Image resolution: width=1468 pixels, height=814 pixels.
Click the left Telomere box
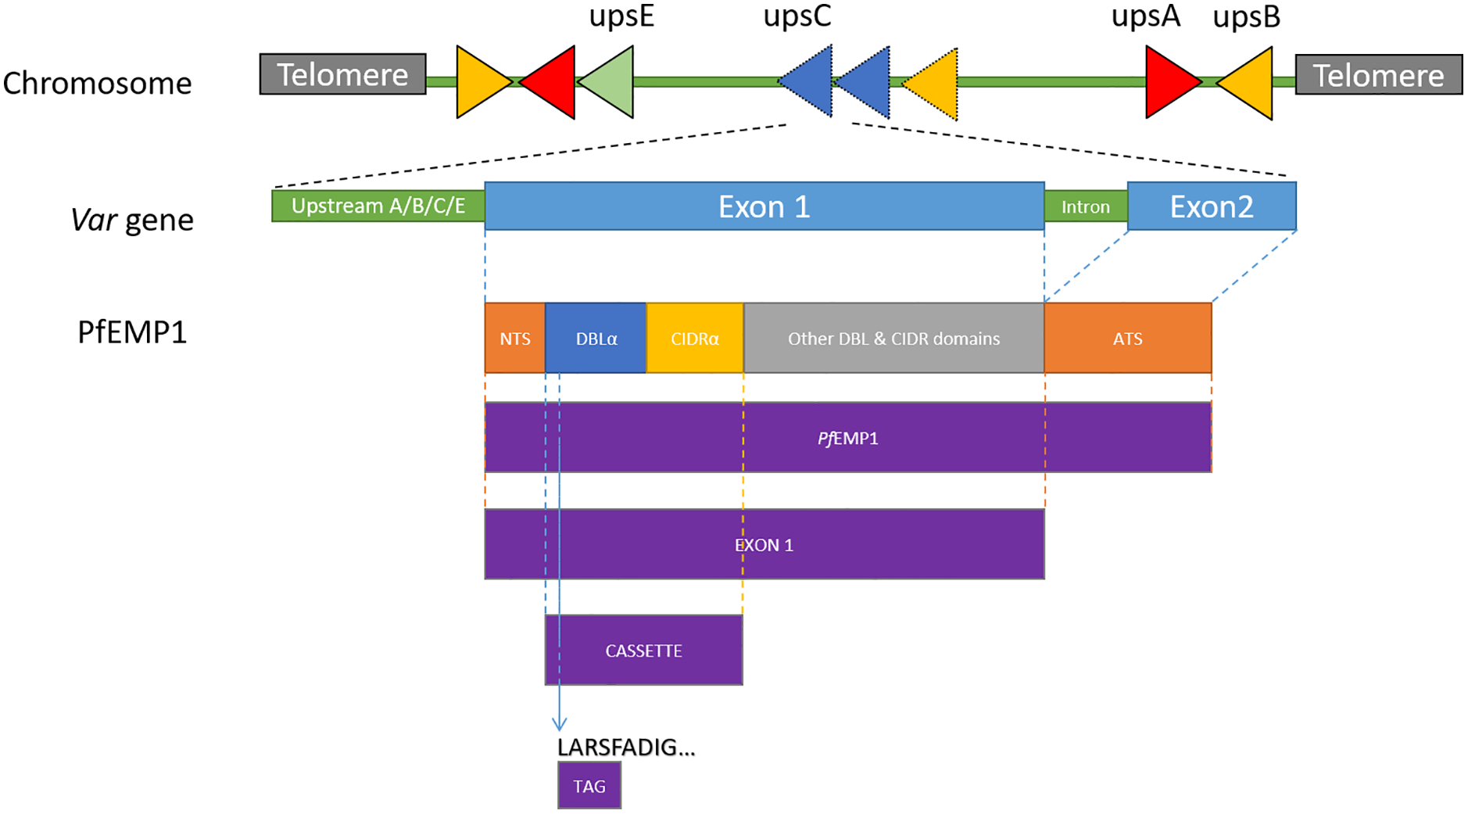(x=342, y=74)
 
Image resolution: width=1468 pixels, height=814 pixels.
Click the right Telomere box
(x=1378, y=75)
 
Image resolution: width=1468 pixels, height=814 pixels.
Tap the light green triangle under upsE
(x=610, y=81)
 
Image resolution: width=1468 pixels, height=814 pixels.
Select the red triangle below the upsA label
(x=1169, y=81)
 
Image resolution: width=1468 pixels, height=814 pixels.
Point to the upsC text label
(x=797, y=16)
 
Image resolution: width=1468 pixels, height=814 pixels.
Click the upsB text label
(x=1246, y=16)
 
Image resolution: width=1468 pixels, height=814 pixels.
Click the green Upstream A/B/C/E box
(x=378, y=206)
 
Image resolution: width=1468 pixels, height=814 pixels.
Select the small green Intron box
(x=1085, y=206)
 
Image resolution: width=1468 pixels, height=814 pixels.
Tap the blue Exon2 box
(x=1211, y=206)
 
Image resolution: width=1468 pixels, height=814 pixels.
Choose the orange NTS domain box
(x=514, y=338)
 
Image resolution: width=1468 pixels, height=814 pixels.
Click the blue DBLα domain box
(x=596, y=338)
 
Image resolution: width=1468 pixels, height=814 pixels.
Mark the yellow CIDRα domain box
(x=694, y=338)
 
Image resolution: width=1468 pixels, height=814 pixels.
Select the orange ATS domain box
(x=1127, y=338)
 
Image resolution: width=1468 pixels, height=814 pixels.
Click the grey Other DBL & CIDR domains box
(x=893, y=338)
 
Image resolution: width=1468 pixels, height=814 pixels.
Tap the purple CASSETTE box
(x=643, y=650)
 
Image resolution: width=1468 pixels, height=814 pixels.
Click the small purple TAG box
(x=589, y=785)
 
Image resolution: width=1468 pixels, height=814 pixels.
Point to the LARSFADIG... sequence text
(x=625, y=747)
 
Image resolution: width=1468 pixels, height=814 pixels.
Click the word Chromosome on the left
(x=97, y=83)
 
